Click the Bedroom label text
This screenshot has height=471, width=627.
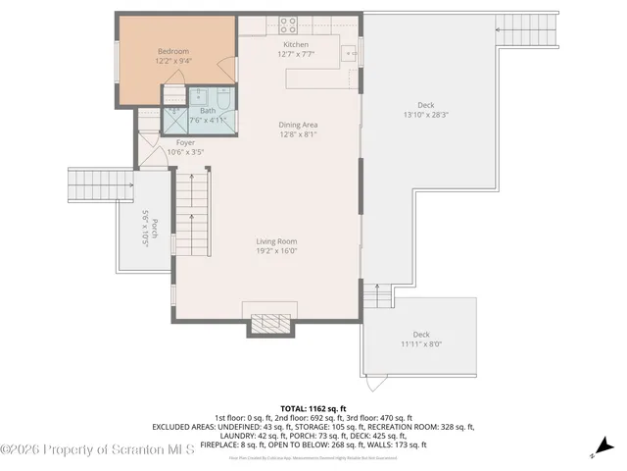tap(173, 51)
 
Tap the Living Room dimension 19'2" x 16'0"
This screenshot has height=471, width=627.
tap(276, 250)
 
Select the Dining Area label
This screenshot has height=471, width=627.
tap(298, 125)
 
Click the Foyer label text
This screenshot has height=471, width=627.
tap(185, 142)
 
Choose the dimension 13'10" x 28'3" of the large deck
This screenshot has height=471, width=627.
tap(425, 115)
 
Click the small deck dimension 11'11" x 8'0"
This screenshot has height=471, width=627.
tap(421, 344)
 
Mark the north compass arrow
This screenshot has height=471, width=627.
tap(603, 446)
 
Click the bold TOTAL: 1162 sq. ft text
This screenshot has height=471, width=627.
tap(313, 407)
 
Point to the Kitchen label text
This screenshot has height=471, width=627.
tap(296, 45)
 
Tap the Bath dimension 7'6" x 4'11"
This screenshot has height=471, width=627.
tap(208, 121)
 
